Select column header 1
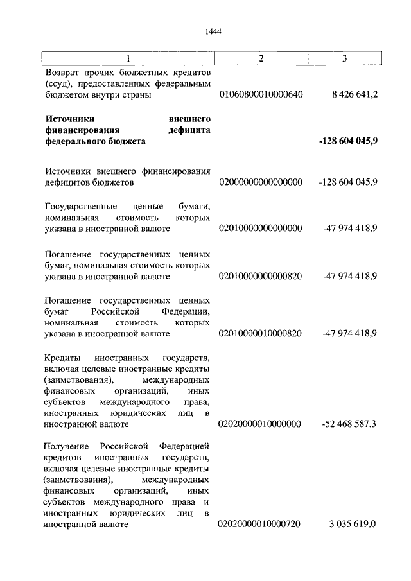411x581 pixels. pos(128,59)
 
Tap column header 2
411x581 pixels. pos(261,59)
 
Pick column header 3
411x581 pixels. pos(345,59)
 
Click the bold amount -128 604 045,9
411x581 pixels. pos(347,141)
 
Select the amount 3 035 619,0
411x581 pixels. pos(353,525)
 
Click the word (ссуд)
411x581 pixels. pos(59,84)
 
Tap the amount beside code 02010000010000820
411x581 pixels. pos(350,334)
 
